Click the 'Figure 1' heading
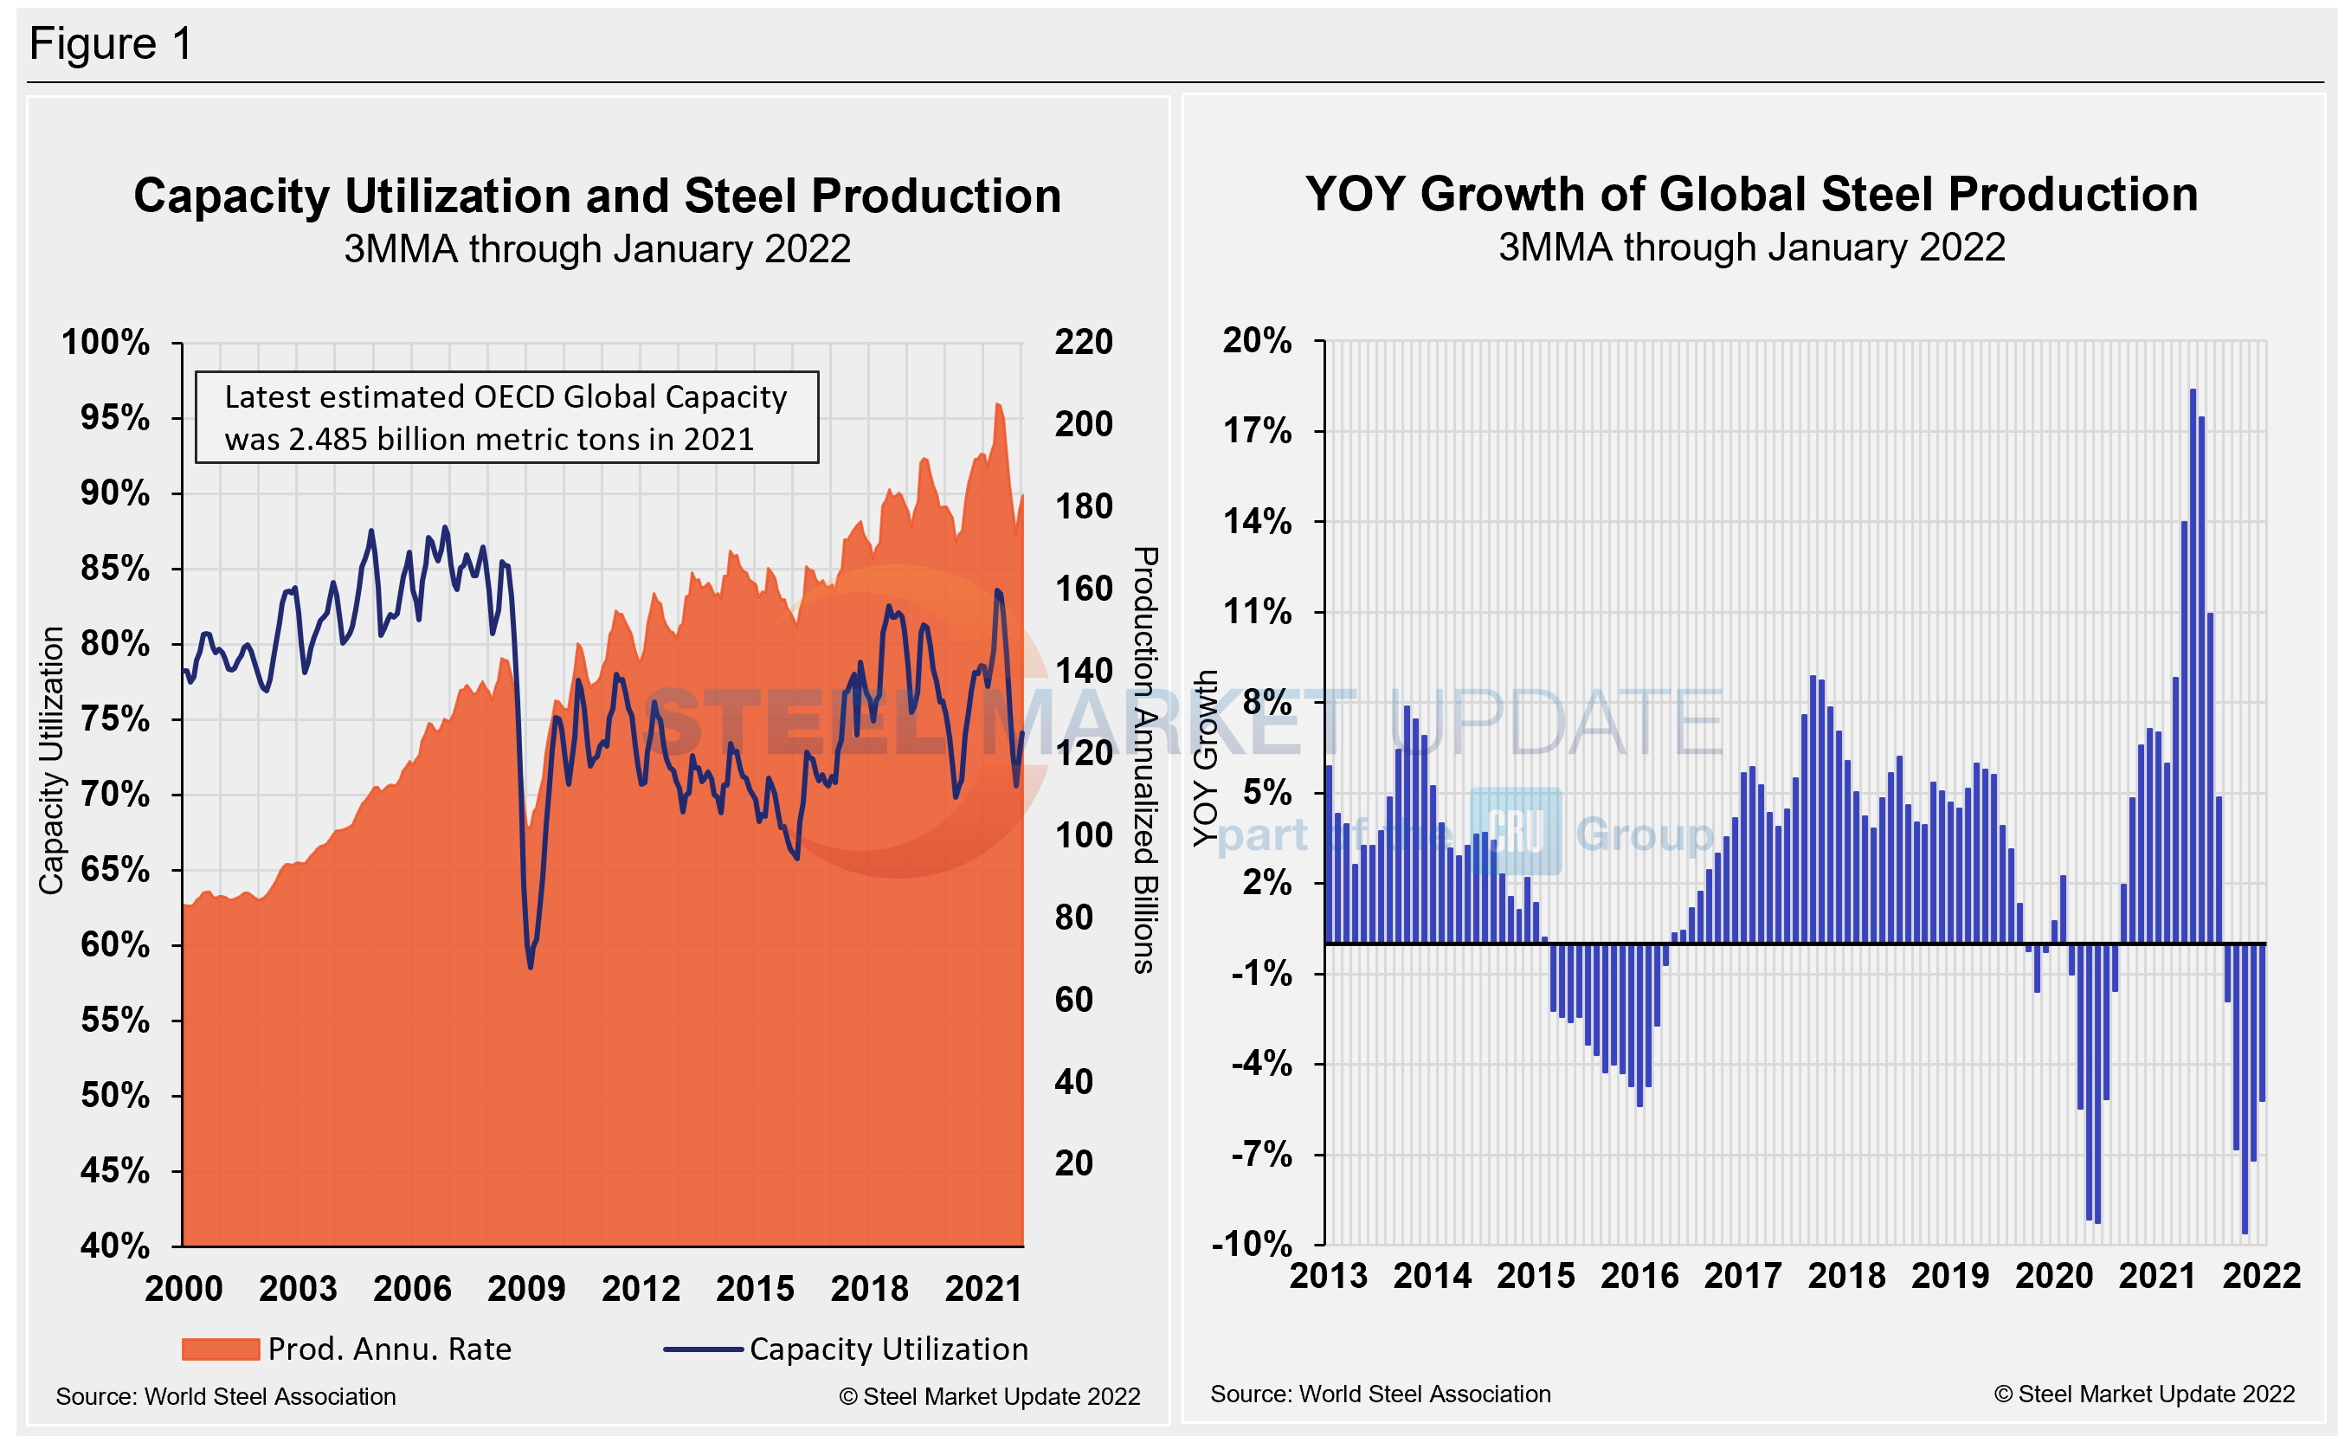pos(111,43)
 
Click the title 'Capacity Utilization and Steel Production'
pos(597,196)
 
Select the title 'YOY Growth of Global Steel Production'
pos(1751,194)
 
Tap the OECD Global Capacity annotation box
pos(506,417)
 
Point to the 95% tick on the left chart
pos(115,417)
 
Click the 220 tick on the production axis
pos(1084,342)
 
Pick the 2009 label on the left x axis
pos(526,1289)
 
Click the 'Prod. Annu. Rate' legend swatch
pos(221,1349)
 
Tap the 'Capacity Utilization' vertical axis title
pos(51,760)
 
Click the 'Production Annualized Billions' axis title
pos(1145,760)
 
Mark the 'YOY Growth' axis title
pos(1205,758)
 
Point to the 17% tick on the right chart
pos(1258,431)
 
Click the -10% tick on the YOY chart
pos(1253,1243)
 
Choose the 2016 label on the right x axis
pos(1639,1276)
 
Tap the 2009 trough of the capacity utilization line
pos(530,966)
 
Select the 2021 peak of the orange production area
pos(998,406)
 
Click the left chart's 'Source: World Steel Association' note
pos(226,1396)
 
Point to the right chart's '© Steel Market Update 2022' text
pos(2144,1394)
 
